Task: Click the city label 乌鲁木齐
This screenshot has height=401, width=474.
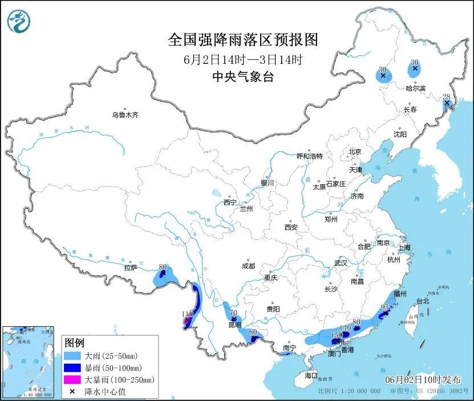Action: [x=125, y=115]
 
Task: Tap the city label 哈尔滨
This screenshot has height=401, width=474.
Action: [x=415, y=88]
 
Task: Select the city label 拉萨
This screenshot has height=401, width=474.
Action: [x=131, y=268]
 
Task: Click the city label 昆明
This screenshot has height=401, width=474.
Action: [x=235, y=325]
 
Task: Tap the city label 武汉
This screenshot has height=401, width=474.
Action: [x=341, y=264]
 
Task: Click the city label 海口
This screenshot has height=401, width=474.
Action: [x=310, y=376]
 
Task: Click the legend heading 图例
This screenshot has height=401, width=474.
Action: [x=74, y=343]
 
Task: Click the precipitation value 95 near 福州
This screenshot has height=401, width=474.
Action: [x=385, y=307]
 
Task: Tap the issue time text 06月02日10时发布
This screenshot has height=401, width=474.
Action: [x=421, y=379]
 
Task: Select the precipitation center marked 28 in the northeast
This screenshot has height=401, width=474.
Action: [x=448, y=103]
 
